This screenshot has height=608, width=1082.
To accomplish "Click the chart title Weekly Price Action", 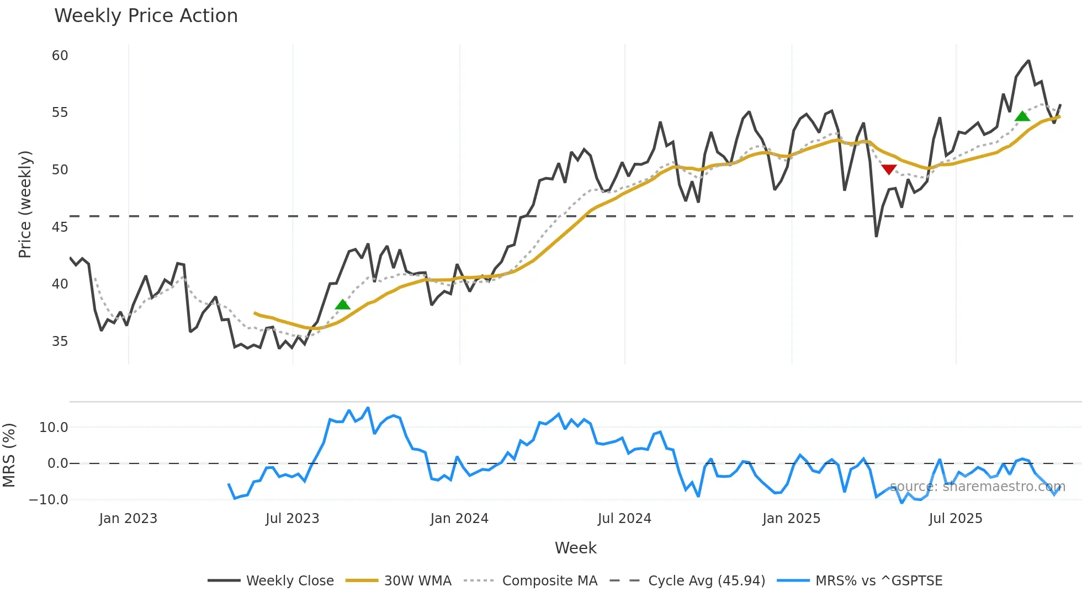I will click(x=146, y=16).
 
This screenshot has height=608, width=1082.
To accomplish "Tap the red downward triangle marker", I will click(x=889, y=169).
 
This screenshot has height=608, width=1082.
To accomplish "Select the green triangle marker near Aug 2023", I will click(x=342, y=305).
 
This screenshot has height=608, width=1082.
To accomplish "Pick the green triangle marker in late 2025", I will click(x=1022, y=116).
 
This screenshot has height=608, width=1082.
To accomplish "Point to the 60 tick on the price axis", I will click(x=60, y=56).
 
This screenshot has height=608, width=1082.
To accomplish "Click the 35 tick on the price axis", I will click(x=60, y=342).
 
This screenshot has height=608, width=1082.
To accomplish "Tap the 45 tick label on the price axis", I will click(x=60, y=227).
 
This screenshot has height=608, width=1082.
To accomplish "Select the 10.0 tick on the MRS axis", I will click(x=54, y=428).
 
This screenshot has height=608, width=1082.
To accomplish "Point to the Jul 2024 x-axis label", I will click(x=624, y=519).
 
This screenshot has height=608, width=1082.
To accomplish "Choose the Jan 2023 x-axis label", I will click(x=128, y=519).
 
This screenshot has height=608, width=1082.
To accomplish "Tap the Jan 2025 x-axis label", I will click(x=791, y=519).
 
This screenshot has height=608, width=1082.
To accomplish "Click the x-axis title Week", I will click(x=575, y=548).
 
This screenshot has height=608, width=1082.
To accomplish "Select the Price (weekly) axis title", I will click(x=25, y=204).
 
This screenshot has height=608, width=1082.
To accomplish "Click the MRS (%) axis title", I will click(x=9, y=455).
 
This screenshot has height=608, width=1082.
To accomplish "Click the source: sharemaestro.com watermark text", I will click(x=977, y=487).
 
